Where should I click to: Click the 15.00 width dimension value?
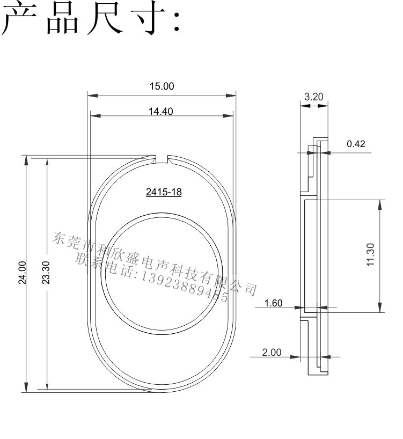(x=162, y=86)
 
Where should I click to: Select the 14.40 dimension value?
(x=160, y=112)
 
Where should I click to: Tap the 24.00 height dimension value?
(x=23, y=273)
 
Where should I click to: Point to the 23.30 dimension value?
(x=46, y=273)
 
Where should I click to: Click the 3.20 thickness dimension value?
(x=314, y=97)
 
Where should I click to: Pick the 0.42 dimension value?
(x=356, y=144)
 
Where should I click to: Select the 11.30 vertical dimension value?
(x=370, y=255)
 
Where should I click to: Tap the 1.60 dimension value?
(x=274, y=303)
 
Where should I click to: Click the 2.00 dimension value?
(x=272, y=352)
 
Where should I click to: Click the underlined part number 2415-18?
(x=164, y=192)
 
